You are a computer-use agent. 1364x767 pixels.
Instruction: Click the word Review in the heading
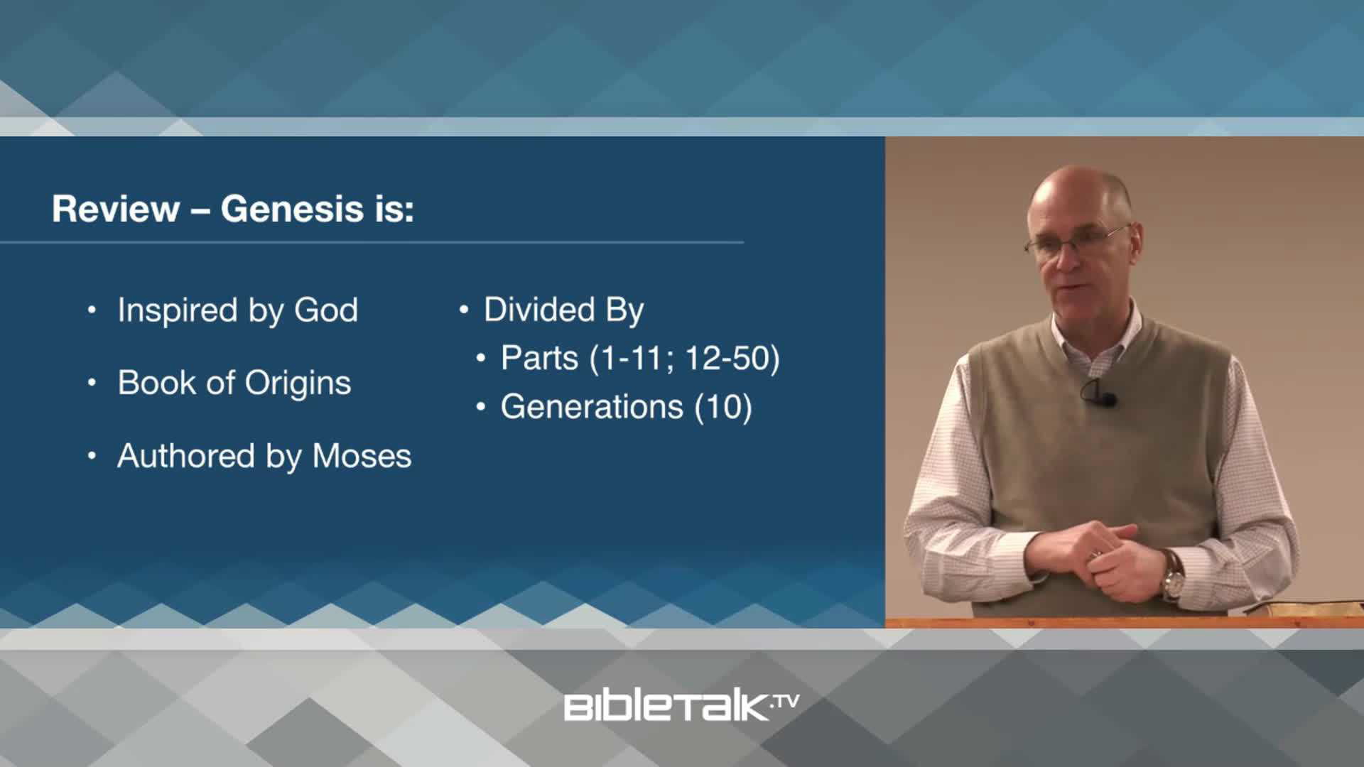[x=116, y=210]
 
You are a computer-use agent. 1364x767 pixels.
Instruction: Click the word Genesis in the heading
[x=293, y=210]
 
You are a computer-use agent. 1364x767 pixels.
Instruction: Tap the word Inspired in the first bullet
[x=178, y=310]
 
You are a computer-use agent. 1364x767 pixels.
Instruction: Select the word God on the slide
[x=326, y=310]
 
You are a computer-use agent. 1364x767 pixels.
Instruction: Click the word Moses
[x=362, y=456]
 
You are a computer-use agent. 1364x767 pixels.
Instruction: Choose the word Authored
[x=186, y=456]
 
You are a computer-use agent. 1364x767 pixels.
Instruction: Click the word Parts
[x=539, y=358]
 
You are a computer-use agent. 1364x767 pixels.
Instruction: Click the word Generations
[x=592, y=407]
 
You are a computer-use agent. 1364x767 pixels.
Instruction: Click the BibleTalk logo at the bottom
[x=681, y=707]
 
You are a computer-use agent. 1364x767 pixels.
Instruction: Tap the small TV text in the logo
[x=785, y=702]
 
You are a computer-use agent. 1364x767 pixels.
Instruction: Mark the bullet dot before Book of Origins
[x=92, y=383]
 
